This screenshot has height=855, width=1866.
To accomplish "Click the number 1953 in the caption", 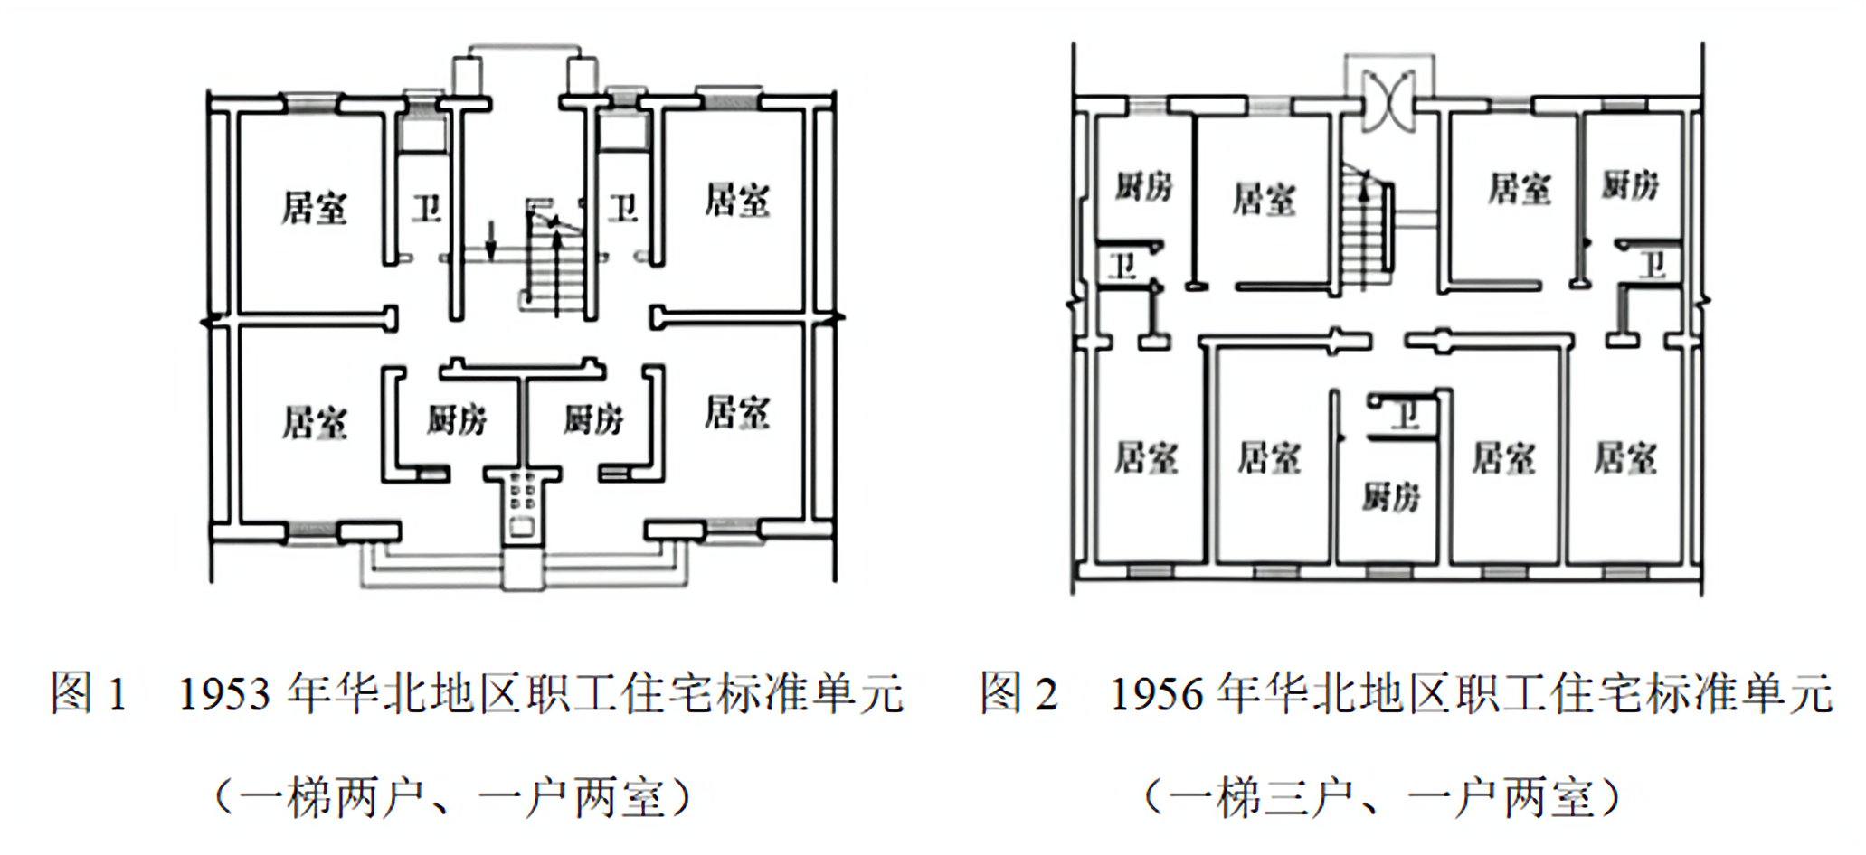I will [x=224, y=694].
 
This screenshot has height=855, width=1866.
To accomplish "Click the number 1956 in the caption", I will [x=1156, y=694].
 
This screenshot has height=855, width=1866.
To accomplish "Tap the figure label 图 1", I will [x=88, y=694].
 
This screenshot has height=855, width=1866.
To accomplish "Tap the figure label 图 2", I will [x=1018, y=694].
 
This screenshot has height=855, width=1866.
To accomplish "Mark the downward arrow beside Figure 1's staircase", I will [x=490, y=240].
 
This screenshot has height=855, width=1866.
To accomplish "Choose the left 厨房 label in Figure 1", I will [x=457, y=419].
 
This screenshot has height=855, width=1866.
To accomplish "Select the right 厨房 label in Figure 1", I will [x=593, y=419].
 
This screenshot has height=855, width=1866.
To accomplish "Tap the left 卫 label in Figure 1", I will [x=426, y=209].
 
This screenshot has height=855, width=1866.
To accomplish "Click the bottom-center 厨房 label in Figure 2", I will [x=1391, y=496].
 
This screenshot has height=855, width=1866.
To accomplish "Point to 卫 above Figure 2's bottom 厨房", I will [x=1405, y=417].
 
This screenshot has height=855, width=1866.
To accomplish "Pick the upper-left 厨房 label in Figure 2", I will [x=1143, y=187].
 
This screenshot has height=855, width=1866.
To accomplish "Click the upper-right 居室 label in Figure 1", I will [x=737, y=201].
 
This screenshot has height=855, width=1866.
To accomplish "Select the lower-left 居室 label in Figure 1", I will [x=314, y=422].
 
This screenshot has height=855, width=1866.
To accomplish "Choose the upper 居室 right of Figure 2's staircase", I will [x=1520, y=189].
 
